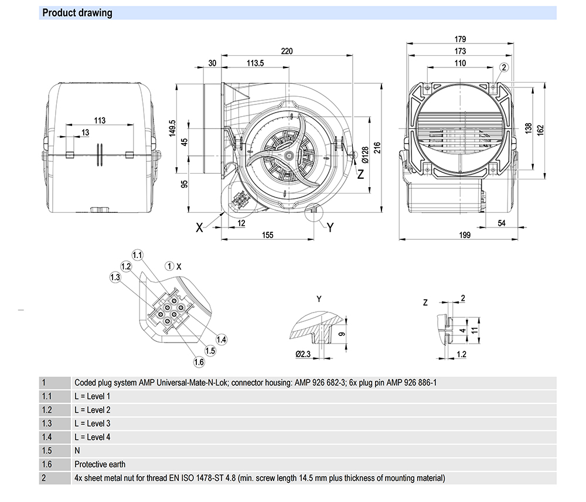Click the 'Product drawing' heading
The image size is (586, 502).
click(77, 13)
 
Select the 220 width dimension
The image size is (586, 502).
click(286, 51)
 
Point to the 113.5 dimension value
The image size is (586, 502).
click(255, 63)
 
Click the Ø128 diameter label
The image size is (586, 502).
click(364, 155)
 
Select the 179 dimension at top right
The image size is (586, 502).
click(461, 40)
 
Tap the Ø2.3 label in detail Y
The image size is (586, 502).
click(302, 354)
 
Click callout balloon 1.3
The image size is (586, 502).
click(115, 277)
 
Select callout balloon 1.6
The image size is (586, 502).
click(199, 362)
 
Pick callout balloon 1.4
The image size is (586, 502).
click(221, 339)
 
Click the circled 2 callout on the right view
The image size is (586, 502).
click(504, 68)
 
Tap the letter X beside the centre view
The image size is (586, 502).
click(200, 228)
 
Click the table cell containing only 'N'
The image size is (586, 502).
click(77, 451)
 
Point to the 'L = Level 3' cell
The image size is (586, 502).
click(93, 423)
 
